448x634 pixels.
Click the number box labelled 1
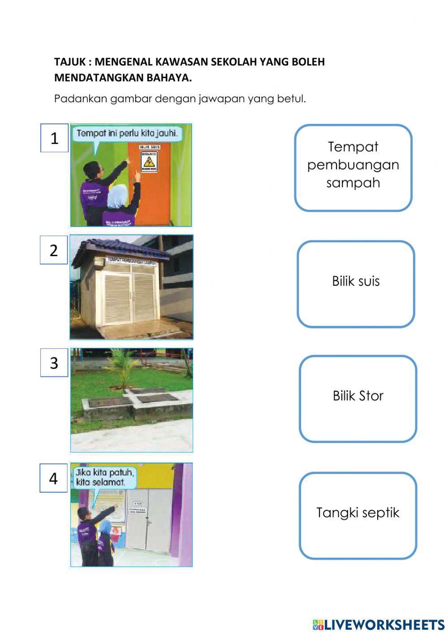54,138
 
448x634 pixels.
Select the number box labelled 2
54,250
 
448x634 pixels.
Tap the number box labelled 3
54,363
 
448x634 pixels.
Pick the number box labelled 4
54,478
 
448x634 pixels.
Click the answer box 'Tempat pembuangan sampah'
353,167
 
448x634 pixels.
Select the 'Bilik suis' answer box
356,284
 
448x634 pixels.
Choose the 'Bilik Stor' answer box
358,398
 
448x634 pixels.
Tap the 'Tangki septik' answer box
358,515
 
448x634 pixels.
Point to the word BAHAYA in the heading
169,78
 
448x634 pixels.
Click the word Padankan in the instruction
81,99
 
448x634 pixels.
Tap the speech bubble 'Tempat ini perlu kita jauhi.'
127,134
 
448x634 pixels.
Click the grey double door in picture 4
148,520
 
